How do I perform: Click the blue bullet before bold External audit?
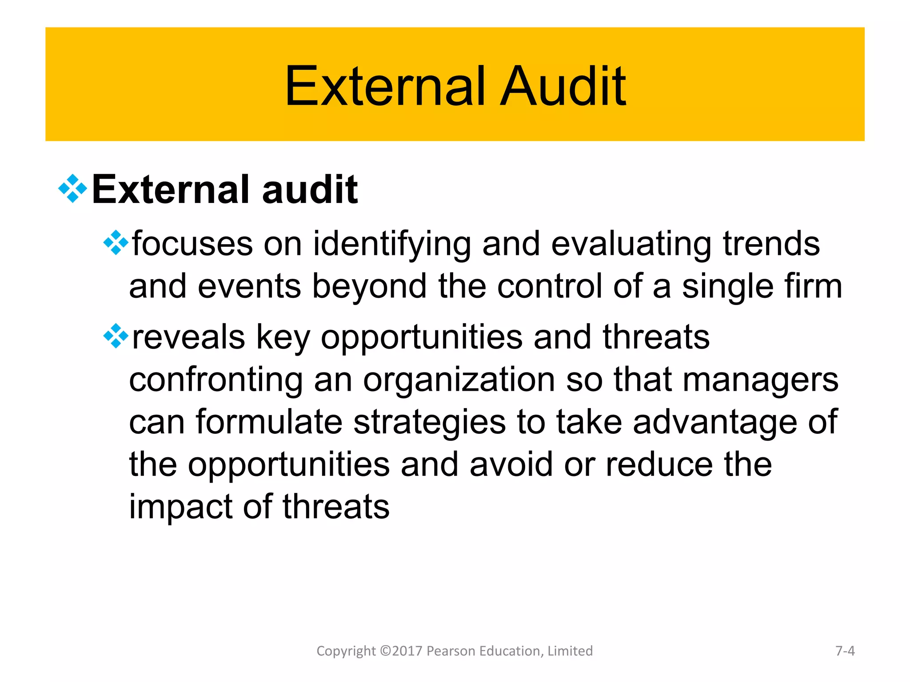pyautogui.click(x=72, y=189)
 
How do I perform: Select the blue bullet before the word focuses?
pyautogui.click(x=116, y=243)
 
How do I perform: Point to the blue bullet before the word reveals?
pyautogui.click(x=116, y=336)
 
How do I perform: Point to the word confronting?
pyautogui.click(x=216, y=380)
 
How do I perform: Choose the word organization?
pyautogui.click(x=459, y=381)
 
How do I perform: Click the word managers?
pyautogui.click(x=760, y=381)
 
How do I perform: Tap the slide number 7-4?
pyautogui.click(x=845, y=651)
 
